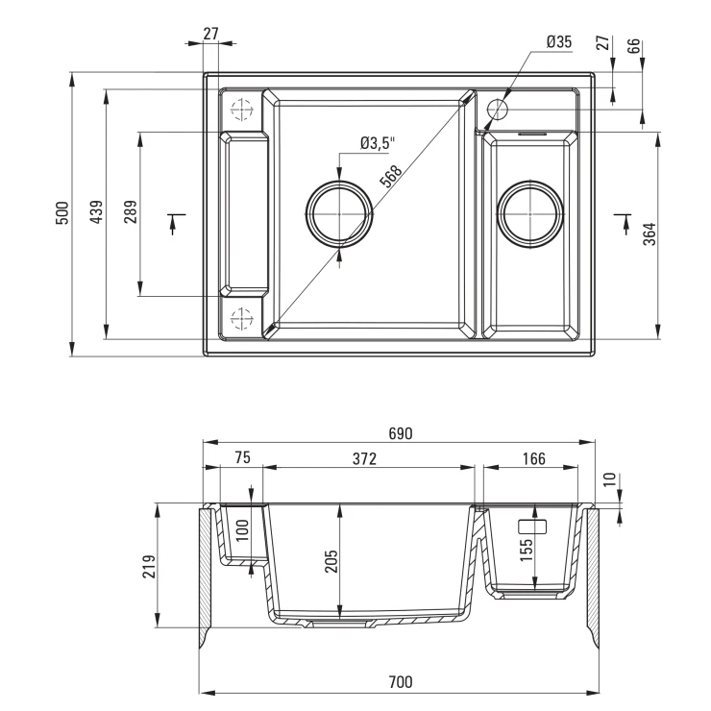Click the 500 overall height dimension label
click(62, 212)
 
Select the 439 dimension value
click(97, 211)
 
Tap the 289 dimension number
click(130, 211)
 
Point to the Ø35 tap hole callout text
click(559, 41)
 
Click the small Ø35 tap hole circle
click(498, 110)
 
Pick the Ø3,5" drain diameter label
click(378, 143)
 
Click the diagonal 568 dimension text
click(391, 177)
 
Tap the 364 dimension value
click(650, 234)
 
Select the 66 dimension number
click(634, 46)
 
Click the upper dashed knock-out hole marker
click(241, 110)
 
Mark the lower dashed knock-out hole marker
click(241, 318)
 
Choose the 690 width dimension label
click(401, 433)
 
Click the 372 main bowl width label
click(364, 459)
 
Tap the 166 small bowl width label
click(533, 459)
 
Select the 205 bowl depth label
click(331, 561)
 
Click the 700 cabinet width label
click(401, 681)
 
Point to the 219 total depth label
click(149, 566)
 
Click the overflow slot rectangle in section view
click(532, 527)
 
